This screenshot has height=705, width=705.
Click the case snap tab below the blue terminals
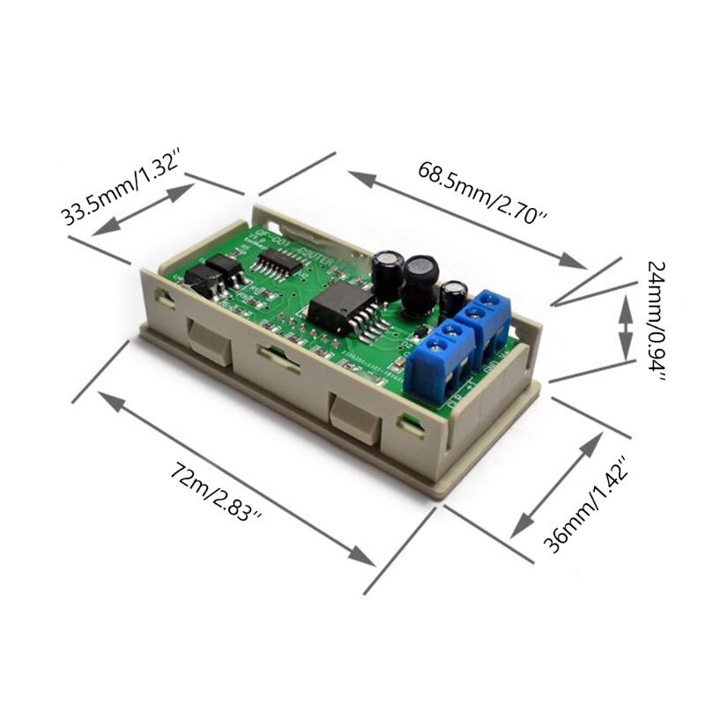pos(356,419)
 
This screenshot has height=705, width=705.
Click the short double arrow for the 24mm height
pos(624,325)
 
